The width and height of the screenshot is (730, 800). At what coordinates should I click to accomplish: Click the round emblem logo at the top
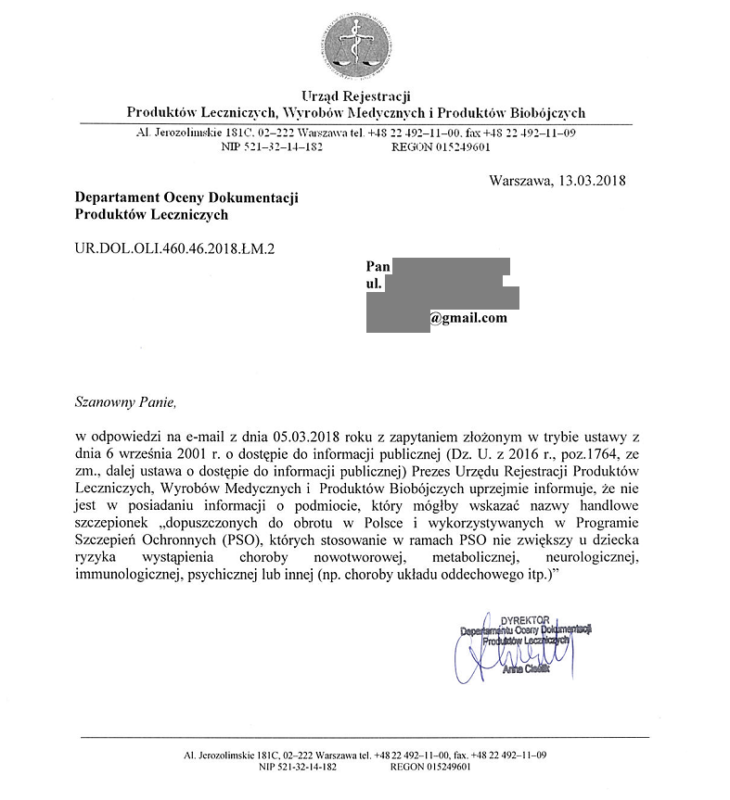pos(356,46)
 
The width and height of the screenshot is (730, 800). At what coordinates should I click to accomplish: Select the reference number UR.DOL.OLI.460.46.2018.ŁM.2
pos(174,248)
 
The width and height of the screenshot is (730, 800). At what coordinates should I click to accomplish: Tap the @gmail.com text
pos(468,318)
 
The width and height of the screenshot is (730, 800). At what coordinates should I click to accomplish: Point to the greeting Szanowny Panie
pos(124,401)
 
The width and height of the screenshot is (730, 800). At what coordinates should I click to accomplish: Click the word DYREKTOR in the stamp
pos(525,618)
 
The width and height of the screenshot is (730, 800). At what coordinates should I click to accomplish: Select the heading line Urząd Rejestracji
pos(356,96)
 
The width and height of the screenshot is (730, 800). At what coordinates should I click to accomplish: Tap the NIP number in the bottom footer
pos(298,768)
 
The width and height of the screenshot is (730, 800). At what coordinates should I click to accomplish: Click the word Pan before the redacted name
pos(378,266)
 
